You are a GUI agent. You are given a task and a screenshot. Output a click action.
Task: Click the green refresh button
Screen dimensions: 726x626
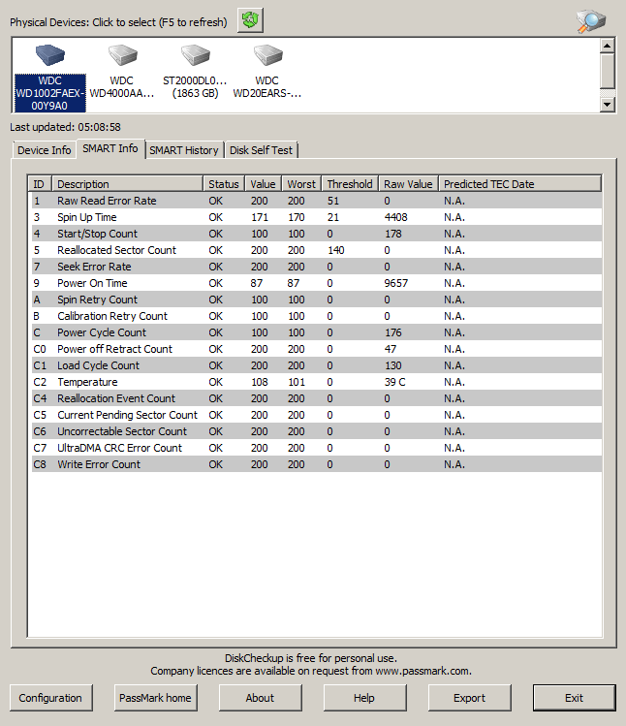[x=250, y=19]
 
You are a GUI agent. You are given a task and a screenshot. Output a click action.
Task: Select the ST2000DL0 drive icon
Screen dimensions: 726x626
[x=194, y=57]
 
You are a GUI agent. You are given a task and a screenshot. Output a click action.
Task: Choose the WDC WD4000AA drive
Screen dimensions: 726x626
[x=122, y=57]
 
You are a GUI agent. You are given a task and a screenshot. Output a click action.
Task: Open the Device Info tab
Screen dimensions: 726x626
[x=44, y=150]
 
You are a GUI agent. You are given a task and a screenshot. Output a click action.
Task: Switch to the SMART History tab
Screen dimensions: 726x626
[x=184, y=150]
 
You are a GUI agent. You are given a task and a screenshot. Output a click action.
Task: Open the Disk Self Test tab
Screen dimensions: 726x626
[x=261, y=150]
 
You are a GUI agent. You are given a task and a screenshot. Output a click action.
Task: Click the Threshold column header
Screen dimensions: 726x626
[x=349, y=184]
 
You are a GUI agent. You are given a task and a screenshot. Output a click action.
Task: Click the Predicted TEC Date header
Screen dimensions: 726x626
[x=488, y=184]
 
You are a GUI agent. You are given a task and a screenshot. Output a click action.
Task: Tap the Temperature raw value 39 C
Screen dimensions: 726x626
[x=394, y=382]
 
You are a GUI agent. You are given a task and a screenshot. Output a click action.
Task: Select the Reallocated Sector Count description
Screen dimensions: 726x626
[x=116, y=250]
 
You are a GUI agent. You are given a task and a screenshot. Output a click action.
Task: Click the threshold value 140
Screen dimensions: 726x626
[x=336, y=250]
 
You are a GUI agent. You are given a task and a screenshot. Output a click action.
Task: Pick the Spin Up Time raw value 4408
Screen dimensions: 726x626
[x=395, y=217]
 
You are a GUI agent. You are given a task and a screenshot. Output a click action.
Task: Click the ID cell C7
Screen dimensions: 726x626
[x=40, y=448]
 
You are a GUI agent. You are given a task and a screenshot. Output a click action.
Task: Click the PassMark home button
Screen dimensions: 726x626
[x=155, y=698]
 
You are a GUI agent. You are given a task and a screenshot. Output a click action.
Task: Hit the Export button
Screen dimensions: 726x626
[x=469, y=698]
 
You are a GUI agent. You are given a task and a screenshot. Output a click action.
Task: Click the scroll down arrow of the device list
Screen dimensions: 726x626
[x=608, y=104]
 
